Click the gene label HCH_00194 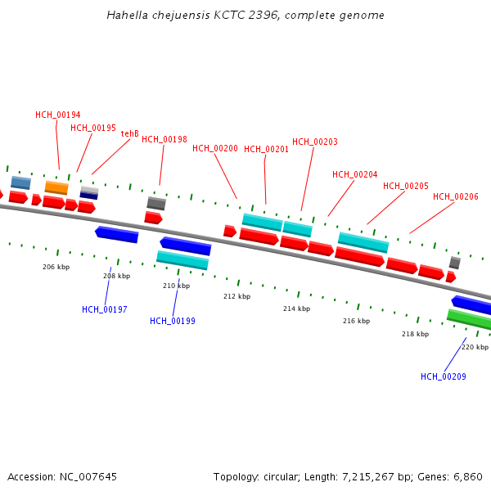(x=58, y=115)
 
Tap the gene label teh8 (x=130, y=133)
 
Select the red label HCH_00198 (x=164, y=139)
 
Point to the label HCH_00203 (x=315, y=142)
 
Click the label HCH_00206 (x=456, y=197)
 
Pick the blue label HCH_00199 (x=173, y=321)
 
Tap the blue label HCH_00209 (x=444, y=376)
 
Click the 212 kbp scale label (x=236, y=296)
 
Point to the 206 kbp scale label (x=56, y=267)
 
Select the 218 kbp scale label (x=415, y=334)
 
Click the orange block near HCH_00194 (x=56, y=187)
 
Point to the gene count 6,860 (x=467, y=476)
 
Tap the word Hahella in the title (x=127, y=16)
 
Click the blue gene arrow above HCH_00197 (x=117, y=234)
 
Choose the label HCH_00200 (x=215, y=149)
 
